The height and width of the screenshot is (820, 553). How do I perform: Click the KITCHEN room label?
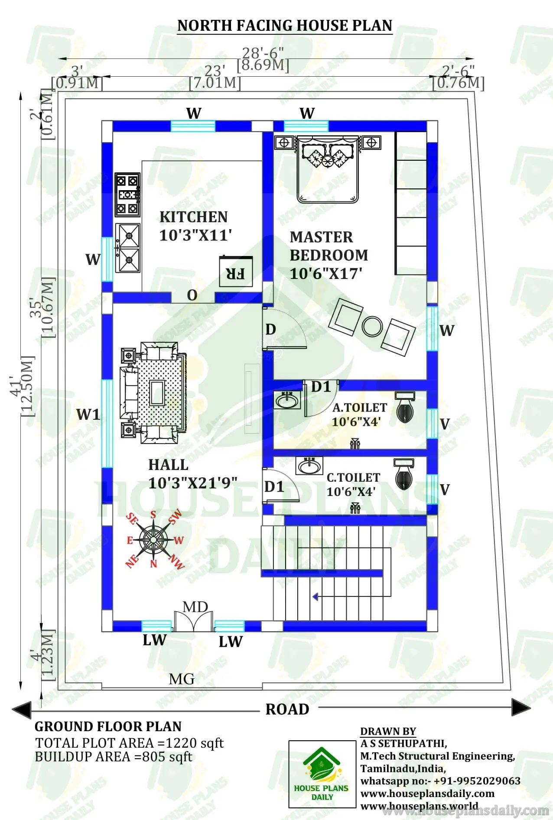pos(193,217)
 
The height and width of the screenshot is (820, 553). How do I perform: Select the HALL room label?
pos(168,465)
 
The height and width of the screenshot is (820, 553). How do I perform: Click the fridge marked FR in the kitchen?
pos(235,272)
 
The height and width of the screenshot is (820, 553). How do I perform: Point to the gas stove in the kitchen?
pos(127,194)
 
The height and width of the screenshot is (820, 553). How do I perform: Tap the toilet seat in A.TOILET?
pos(405,409)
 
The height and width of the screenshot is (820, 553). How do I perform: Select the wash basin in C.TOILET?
pos(309,467)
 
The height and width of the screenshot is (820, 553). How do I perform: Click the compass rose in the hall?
pos(153,539)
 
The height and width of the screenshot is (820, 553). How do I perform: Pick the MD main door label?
pos(195,607)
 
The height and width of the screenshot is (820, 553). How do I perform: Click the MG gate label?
pos(182,679)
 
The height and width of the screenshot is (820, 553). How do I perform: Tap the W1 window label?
pos(88,415)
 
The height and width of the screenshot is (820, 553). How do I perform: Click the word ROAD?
pos(287,709)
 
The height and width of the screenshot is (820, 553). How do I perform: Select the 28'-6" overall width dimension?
pos(263,53)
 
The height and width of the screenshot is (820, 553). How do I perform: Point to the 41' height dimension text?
pos(16,386)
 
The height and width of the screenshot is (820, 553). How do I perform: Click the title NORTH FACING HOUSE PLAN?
pos(285,26)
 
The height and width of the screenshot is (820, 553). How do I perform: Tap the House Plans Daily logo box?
pos(322,774)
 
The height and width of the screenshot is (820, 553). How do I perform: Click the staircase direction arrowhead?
pos(316,597)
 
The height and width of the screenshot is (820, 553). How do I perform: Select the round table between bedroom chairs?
pos(372,327)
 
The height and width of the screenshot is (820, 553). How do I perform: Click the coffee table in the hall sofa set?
pos(157,392)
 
